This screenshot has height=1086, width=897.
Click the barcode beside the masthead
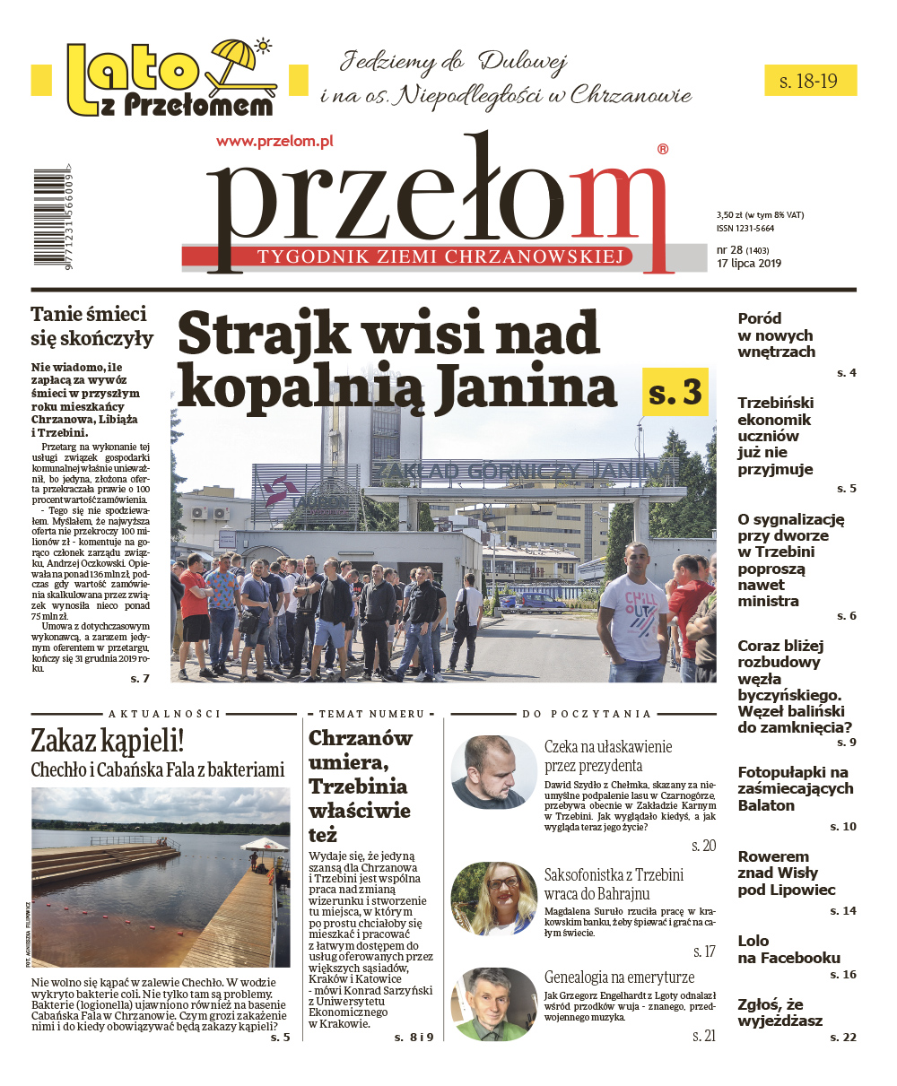click(x=44, y=218)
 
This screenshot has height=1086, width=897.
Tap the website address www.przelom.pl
click(x=274, y=141)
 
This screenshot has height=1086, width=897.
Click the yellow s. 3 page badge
click(x=675, y=392)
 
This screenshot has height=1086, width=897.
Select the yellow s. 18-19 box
click(x=809, y=81)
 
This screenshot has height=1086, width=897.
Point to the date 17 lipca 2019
click(x=749, y=264)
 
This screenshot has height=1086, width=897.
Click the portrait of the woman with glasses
click(x=494, y=899)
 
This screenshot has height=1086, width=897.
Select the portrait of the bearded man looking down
click(x=494, y=772)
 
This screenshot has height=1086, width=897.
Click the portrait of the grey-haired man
click(x=494, y=1004)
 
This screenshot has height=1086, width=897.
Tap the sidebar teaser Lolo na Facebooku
click(x=788, y=949)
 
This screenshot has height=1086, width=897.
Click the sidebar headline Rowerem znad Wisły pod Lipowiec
click(x=786, y=873)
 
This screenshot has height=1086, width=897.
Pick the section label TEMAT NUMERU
click(x=374, y=715)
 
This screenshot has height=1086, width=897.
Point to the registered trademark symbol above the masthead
click(x=663, y=150)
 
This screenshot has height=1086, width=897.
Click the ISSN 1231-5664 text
click(x=745, y=229)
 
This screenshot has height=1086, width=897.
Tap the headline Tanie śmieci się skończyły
click(x=91, y=326)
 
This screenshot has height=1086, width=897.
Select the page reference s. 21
click(x=704, y=1036)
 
